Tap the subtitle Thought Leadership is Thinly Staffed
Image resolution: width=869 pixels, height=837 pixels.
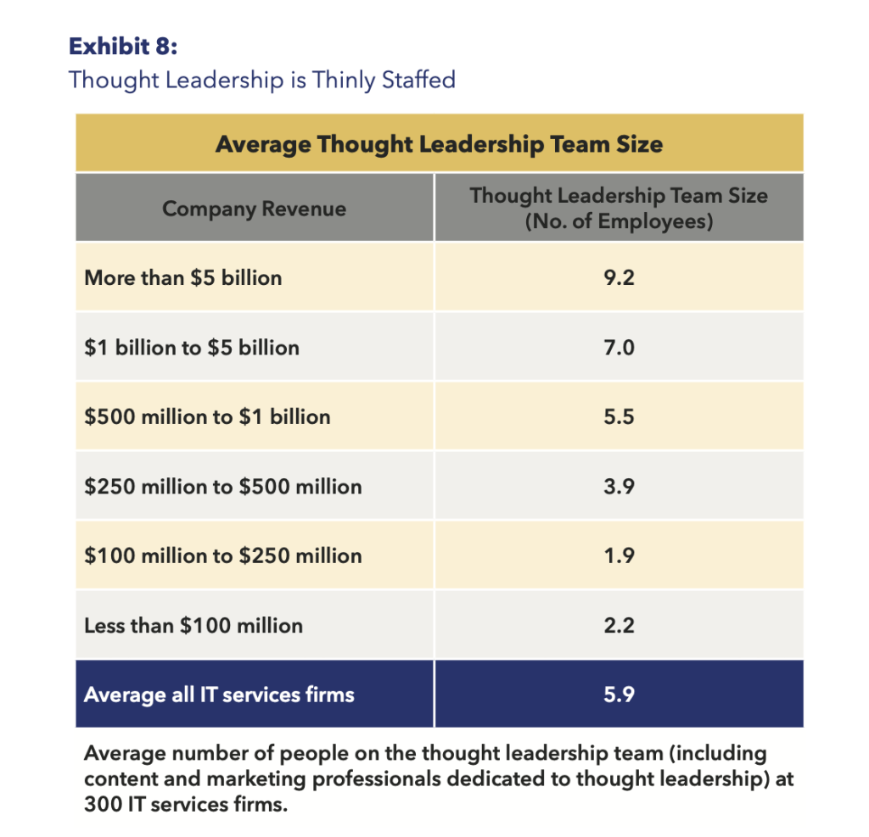point(262,81)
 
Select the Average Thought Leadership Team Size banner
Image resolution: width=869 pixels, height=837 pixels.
point(439,143)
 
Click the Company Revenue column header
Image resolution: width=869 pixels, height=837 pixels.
point(254,209)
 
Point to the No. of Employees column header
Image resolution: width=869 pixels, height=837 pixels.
point(619,223)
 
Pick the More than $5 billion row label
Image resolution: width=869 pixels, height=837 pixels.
point(183,277)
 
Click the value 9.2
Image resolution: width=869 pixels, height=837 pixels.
point(619,277)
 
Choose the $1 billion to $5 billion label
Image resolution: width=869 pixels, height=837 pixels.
point(192,347)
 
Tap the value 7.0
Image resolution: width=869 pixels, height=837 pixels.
point(619,347)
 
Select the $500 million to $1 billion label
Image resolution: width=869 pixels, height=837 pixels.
point(207,416)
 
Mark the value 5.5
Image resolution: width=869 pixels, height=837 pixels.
point(619,416)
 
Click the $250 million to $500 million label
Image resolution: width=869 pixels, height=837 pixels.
point(223,487)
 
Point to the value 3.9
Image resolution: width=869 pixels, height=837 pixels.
point(619,487)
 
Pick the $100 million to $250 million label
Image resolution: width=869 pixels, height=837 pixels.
point(223,556)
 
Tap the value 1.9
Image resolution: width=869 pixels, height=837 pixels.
point(619,556)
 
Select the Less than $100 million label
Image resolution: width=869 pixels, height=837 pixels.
point(193,626)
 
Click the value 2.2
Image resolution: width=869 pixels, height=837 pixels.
point(619,626)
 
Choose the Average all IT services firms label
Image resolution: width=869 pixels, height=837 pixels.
point(219,695)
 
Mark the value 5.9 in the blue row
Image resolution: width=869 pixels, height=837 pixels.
point(619,695)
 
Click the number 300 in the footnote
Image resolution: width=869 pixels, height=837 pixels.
point(103,803)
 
